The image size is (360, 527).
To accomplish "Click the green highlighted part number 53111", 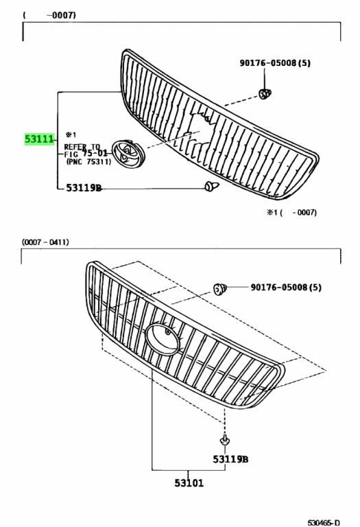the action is pos(39,139).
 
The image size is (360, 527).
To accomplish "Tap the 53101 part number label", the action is pos(189,483).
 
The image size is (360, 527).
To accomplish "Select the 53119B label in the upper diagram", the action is pos(84,188).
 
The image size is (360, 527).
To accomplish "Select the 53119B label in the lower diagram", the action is pos(230,459).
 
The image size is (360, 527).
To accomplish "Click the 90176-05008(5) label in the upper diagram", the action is pos(275,63).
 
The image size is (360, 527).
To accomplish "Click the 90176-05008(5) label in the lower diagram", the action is pos(286,288).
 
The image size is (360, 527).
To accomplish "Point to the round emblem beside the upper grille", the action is pos(128,152).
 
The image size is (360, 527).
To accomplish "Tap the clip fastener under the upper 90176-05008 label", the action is pos(265,94).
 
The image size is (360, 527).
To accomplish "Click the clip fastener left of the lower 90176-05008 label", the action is pos(220,289).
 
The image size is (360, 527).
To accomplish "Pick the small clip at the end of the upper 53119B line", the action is pos(211,186).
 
